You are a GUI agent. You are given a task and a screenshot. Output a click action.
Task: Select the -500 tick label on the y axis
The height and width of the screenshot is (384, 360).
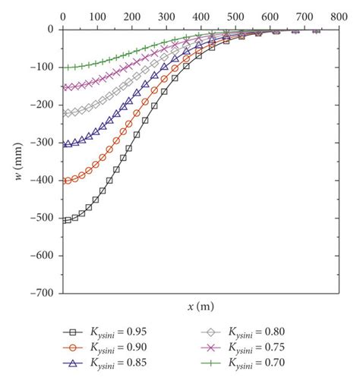point(43,218)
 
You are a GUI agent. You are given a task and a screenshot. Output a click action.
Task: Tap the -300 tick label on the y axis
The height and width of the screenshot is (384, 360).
point(43,143)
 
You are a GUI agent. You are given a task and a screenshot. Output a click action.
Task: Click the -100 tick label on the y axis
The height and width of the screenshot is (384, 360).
point(43,68)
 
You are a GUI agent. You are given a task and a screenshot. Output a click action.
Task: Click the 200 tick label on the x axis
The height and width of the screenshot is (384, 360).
point(131,15)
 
